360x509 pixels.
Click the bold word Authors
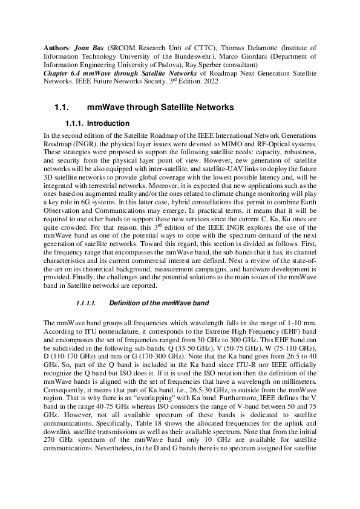(x=58, y=47)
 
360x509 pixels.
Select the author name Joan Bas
(x=91, y=47)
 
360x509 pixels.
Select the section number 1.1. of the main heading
(x=62, y=108)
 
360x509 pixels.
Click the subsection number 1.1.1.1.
(x=87, y=302)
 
